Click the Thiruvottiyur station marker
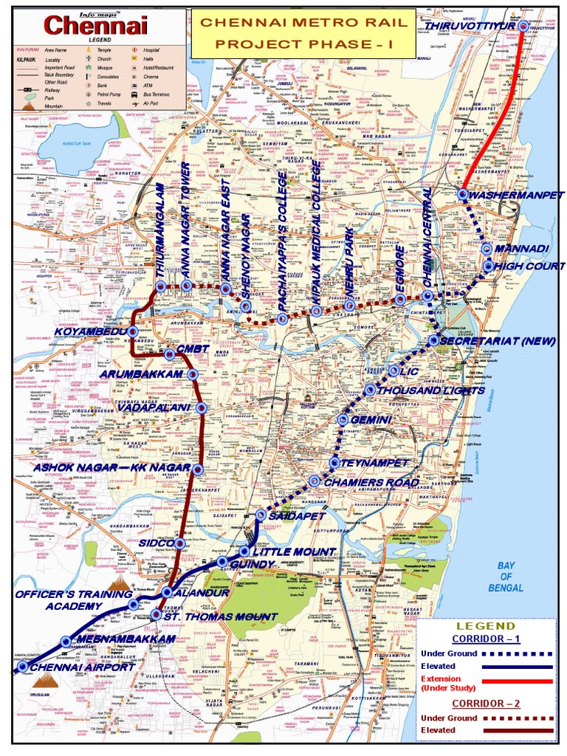[523, 27]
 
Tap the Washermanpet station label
[510, 195]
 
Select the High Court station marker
[488, 266]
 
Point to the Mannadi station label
[524, 249]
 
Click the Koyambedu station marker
[134, 331]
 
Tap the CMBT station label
[190, 348]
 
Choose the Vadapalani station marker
[202, 408]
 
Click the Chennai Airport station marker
[22, 666]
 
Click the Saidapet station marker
[261, 515]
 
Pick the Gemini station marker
[343, 419]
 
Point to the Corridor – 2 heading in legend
[487, 703]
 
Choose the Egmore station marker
[399, 299]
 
